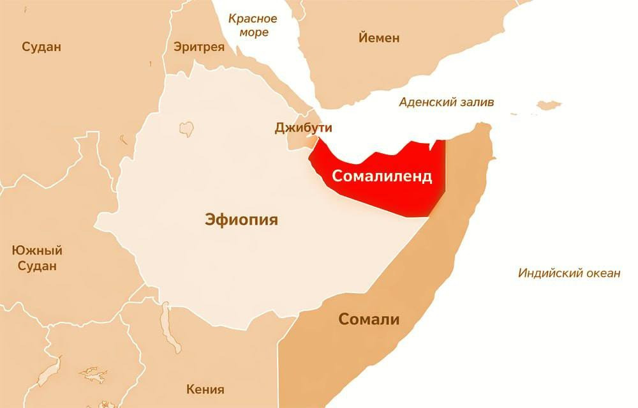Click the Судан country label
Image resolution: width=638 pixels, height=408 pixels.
(41, 47)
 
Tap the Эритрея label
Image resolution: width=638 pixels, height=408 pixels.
(199, 47)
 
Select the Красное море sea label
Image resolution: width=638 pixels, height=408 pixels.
(253, 25)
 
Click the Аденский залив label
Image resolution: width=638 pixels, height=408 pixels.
(446, 102)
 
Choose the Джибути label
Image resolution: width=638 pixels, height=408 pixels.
(304, 128)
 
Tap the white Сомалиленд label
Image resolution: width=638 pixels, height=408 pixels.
(380, 176)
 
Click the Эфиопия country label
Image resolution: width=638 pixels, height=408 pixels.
(242, 220)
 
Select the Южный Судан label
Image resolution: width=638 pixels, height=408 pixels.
(37, 257)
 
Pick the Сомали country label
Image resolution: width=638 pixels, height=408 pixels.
(369, 319)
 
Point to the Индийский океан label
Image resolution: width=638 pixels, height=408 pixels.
(568, 273)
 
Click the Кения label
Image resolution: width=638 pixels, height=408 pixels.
(205, 389)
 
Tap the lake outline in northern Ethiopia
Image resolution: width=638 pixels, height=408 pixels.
(186, 129)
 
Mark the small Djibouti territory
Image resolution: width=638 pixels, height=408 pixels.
(300, 142)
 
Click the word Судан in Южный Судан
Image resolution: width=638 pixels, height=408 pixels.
(37, 266)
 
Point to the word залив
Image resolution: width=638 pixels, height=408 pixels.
(475, 102)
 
